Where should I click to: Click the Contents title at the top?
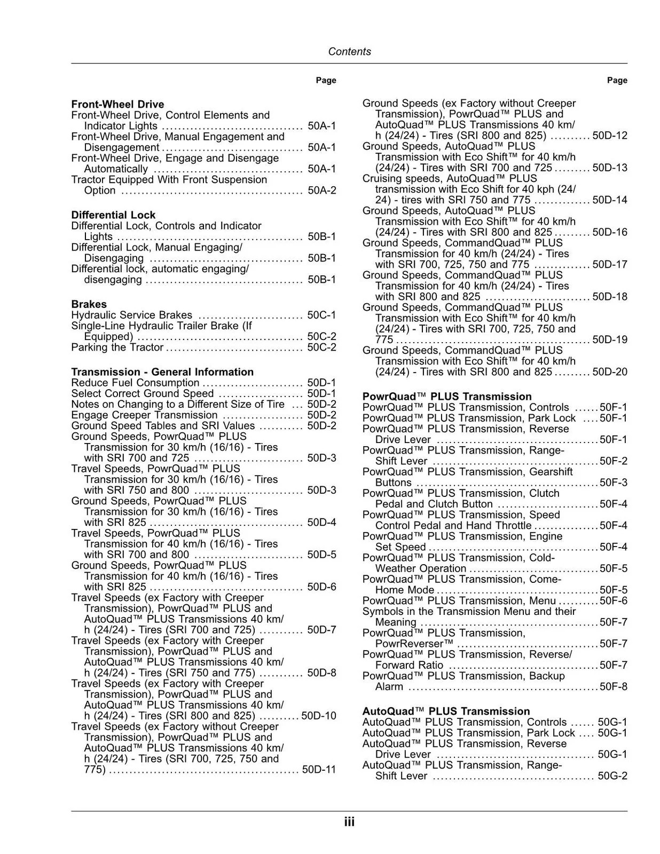pos(349,52)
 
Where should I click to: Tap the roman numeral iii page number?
pos(349,822)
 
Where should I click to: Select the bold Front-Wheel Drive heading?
pos(117,105)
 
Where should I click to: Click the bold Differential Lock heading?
pos(113,215)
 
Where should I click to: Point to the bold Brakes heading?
pos(89,304)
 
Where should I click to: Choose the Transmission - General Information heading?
pos(162,372)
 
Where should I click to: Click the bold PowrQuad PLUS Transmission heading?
pos(447,397)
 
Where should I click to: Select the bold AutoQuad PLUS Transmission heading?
pos(446,711)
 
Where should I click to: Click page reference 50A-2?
pos(322,191)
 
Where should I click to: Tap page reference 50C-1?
pos(321,315)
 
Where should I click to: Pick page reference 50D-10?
pos(319,716)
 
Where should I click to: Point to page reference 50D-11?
pos(319,770)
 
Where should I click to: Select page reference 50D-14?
pos(610,200)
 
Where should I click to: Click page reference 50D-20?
pos(610,372)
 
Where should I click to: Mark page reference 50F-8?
pos(614,687)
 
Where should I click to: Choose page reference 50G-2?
pos(612,776)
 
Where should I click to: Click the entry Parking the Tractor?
pos(117,347)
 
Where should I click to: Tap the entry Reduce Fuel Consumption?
pos(135,383)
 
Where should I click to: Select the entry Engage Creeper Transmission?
pos(144,415)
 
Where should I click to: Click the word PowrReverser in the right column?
pos(414,644)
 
